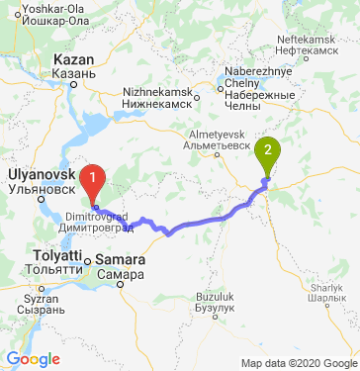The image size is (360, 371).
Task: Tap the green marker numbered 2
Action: click(x=267, y=154)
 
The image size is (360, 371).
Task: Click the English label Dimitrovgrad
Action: click(x=101, y=215)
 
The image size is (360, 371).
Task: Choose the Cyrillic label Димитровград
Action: click(x=101, y=227)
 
